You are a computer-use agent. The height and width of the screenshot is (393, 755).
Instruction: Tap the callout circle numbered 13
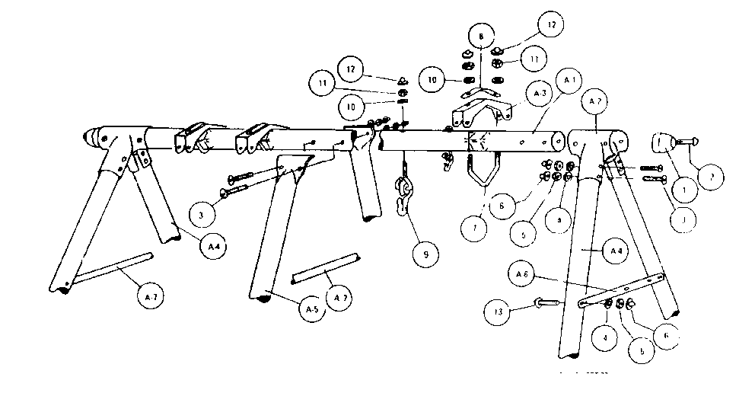coord(497,311)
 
